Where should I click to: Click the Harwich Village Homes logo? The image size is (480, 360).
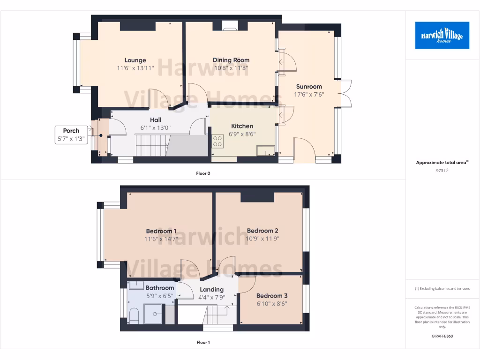tap(442, 35)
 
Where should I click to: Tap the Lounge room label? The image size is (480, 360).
tap(135, 60)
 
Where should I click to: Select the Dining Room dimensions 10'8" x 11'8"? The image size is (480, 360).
tap(231, 68)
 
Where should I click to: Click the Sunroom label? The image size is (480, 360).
tap(309, 86)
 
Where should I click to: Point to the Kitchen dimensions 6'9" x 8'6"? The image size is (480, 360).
tap(242, 134)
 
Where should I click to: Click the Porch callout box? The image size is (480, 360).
tap(71, 135)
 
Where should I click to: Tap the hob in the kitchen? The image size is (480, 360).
tap(217, 141)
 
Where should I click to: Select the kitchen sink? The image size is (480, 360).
tap(266, 150)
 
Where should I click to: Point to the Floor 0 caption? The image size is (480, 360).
tap(203, 173)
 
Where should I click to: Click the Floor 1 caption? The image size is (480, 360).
tap(203, 342)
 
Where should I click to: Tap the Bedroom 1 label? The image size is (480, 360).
tap(161, 231)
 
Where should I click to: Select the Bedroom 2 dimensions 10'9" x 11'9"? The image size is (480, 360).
tap(262, 239)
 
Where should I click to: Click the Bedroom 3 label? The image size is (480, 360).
tap(271, 296)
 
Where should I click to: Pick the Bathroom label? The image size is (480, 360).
tap(159, 288)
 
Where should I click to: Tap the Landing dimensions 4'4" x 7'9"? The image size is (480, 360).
tap(211, 297)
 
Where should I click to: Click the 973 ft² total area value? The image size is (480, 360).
tap(442, 171)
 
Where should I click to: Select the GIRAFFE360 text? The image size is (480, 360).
tap(442, 336)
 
